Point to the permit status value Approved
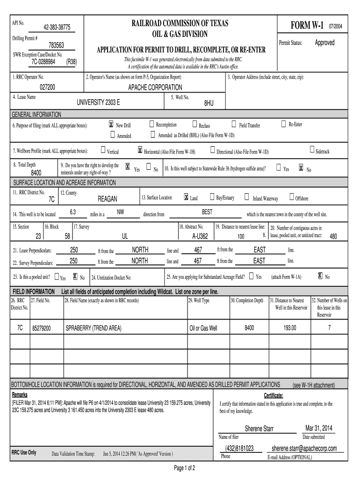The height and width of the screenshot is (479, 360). (x=324, y=43)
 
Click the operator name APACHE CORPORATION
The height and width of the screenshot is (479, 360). (x=155, y=87)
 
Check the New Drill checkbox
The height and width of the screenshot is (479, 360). (x=111, y=124)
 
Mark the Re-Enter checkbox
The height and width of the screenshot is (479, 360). (x=283, y=124)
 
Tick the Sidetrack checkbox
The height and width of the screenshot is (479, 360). (x=312, y=150)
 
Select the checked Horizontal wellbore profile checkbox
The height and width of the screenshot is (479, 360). (x=140, y=150)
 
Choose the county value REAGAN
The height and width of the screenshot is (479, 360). (x=107, y=199)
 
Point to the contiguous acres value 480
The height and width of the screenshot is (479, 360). (x=333, y=236)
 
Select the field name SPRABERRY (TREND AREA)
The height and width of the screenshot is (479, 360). (x=94, y=329)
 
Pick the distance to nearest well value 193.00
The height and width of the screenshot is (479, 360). (x=290, y=328)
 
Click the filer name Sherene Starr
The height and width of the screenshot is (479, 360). (x=259, y=429)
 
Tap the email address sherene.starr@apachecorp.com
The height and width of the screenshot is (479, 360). (x=304, y=449)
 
